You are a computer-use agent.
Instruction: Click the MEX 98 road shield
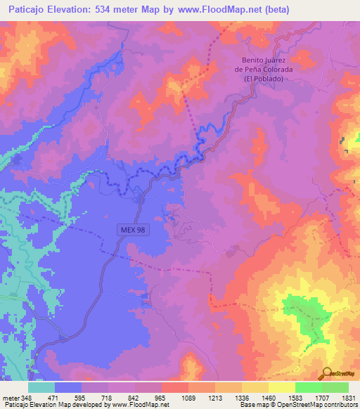coord(132,230)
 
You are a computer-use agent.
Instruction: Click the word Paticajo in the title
coord(29,10)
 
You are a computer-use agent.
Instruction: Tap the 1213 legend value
coord(214,397)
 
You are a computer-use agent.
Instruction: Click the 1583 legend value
coord(295,397)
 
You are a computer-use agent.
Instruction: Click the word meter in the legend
coord(11,397)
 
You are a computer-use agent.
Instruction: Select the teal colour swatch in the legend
coord(41,387)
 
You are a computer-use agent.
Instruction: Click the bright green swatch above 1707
coord(308,387)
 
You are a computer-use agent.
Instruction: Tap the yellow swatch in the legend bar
coord(255,387)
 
